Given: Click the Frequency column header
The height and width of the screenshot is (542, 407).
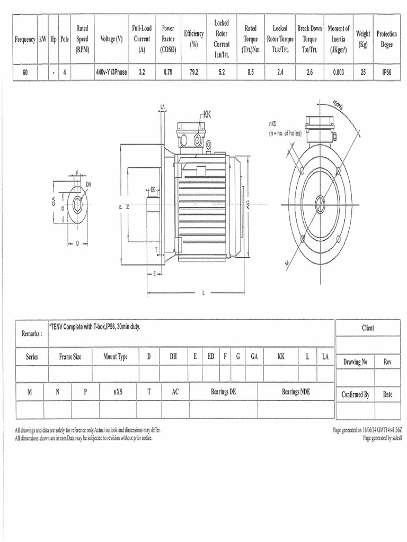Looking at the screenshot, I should tap(25, 40).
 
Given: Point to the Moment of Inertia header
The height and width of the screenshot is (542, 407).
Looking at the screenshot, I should tap(339, 39).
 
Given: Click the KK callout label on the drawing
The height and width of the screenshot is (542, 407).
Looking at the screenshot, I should tap(207, 114).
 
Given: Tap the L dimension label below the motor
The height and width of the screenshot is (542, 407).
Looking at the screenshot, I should tap(203, 293).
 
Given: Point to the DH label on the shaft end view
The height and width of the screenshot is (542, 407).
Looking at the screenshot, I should tap(89, 184).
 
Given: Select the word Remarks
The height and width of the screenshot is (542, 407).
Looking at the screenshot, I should tap(31, 333).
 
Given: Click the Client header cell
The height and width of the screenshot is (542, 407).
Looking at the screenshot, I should tap(368, 328).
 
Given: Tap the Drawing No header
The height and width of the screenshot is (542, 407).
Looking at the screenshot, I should tap(355, 362).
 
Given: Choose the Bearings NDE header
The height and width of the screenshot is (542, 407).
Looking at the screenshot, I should tap(296, 392).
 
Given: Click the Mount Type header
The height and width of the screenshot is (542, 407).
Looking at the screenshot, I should tap(116, 357).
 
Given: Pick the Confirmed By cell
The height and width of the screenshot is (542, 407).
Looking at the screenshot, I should tap(355, 394).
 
